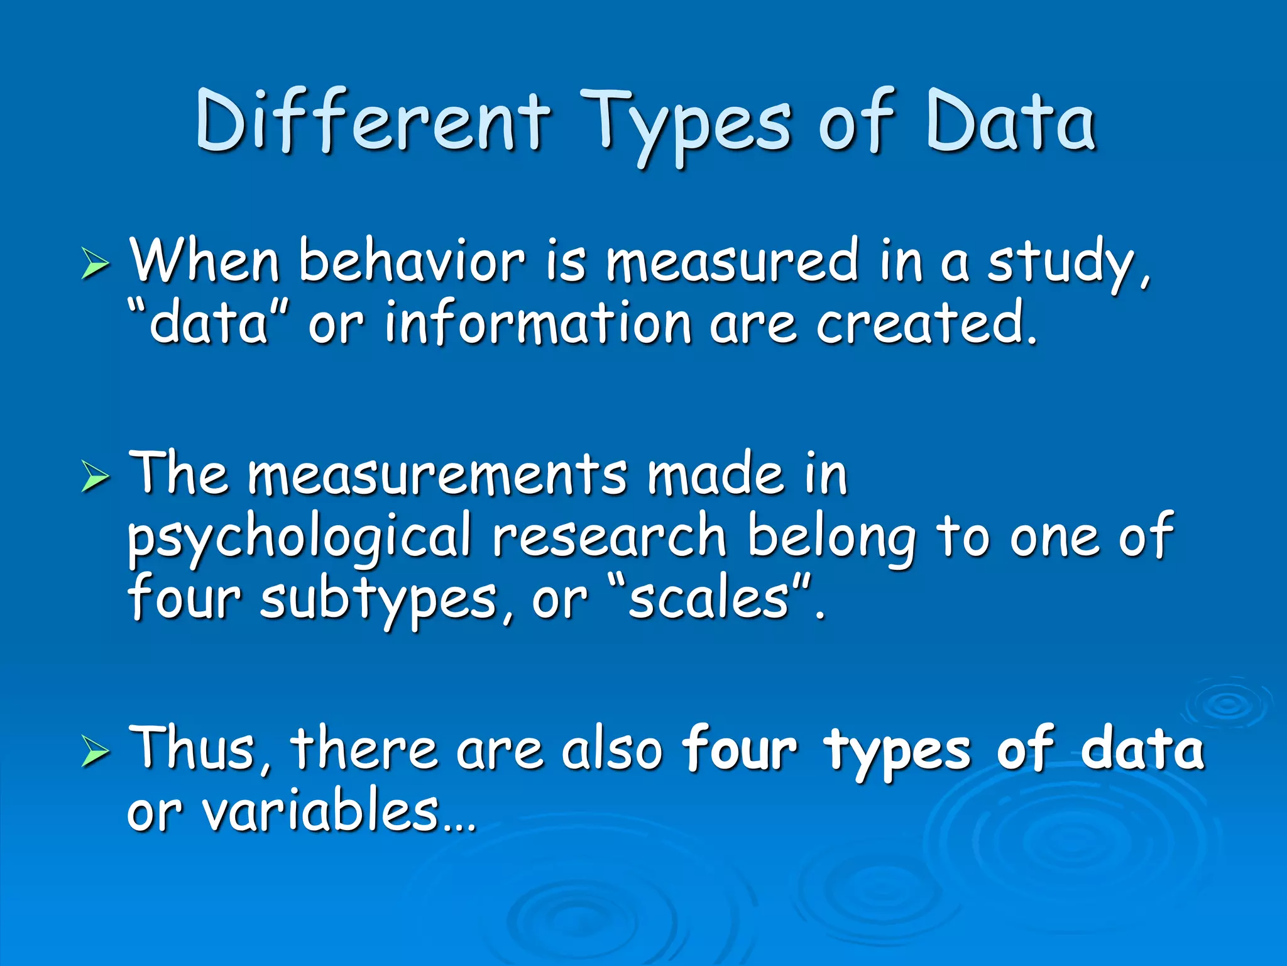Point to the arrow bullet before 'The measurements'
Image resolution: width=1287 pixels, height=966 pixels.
click(95, 476)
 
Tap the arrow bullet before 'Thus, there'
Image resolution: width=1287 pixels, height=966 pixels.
click(95, 751)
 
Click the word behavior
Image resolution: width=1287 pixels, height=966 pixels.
click(411, 260)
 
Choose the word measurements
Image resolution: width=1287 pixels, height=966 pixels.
click(437, 474)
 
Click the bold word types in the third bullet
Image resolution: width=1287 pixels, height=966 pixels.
click(898, 751)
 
